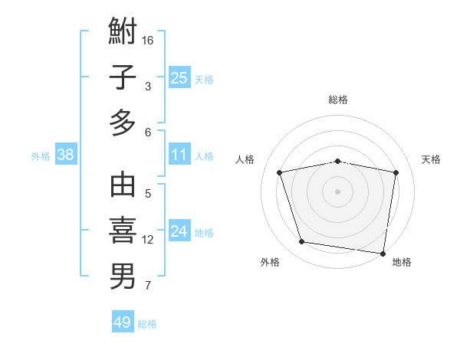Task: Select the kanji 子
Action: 123,77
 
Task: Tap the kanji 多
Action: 123,123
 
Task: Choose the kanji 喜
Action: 123,231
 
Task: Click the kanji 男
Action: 123,277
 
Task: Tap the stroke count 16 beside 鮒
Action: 149,40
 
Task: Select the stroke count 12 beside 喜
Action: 148,240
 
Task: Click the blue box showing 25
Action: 179,77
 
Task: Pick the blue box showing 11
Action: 179,155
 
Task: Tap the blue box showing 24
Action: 179,231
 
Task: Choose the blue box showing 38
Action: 66,155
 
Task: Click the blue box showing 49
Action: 123,322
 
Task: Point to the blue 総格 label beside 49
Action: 147,324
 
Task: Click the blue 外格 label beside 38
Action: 41,156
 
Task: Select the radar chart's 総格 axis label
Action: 337,100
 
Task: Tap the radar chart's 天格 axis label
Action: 431,159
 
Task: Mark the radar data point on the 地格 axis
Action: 383,253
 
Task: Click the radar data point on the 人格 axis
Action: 280,172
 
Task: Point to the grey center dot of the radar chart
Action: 337,191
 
